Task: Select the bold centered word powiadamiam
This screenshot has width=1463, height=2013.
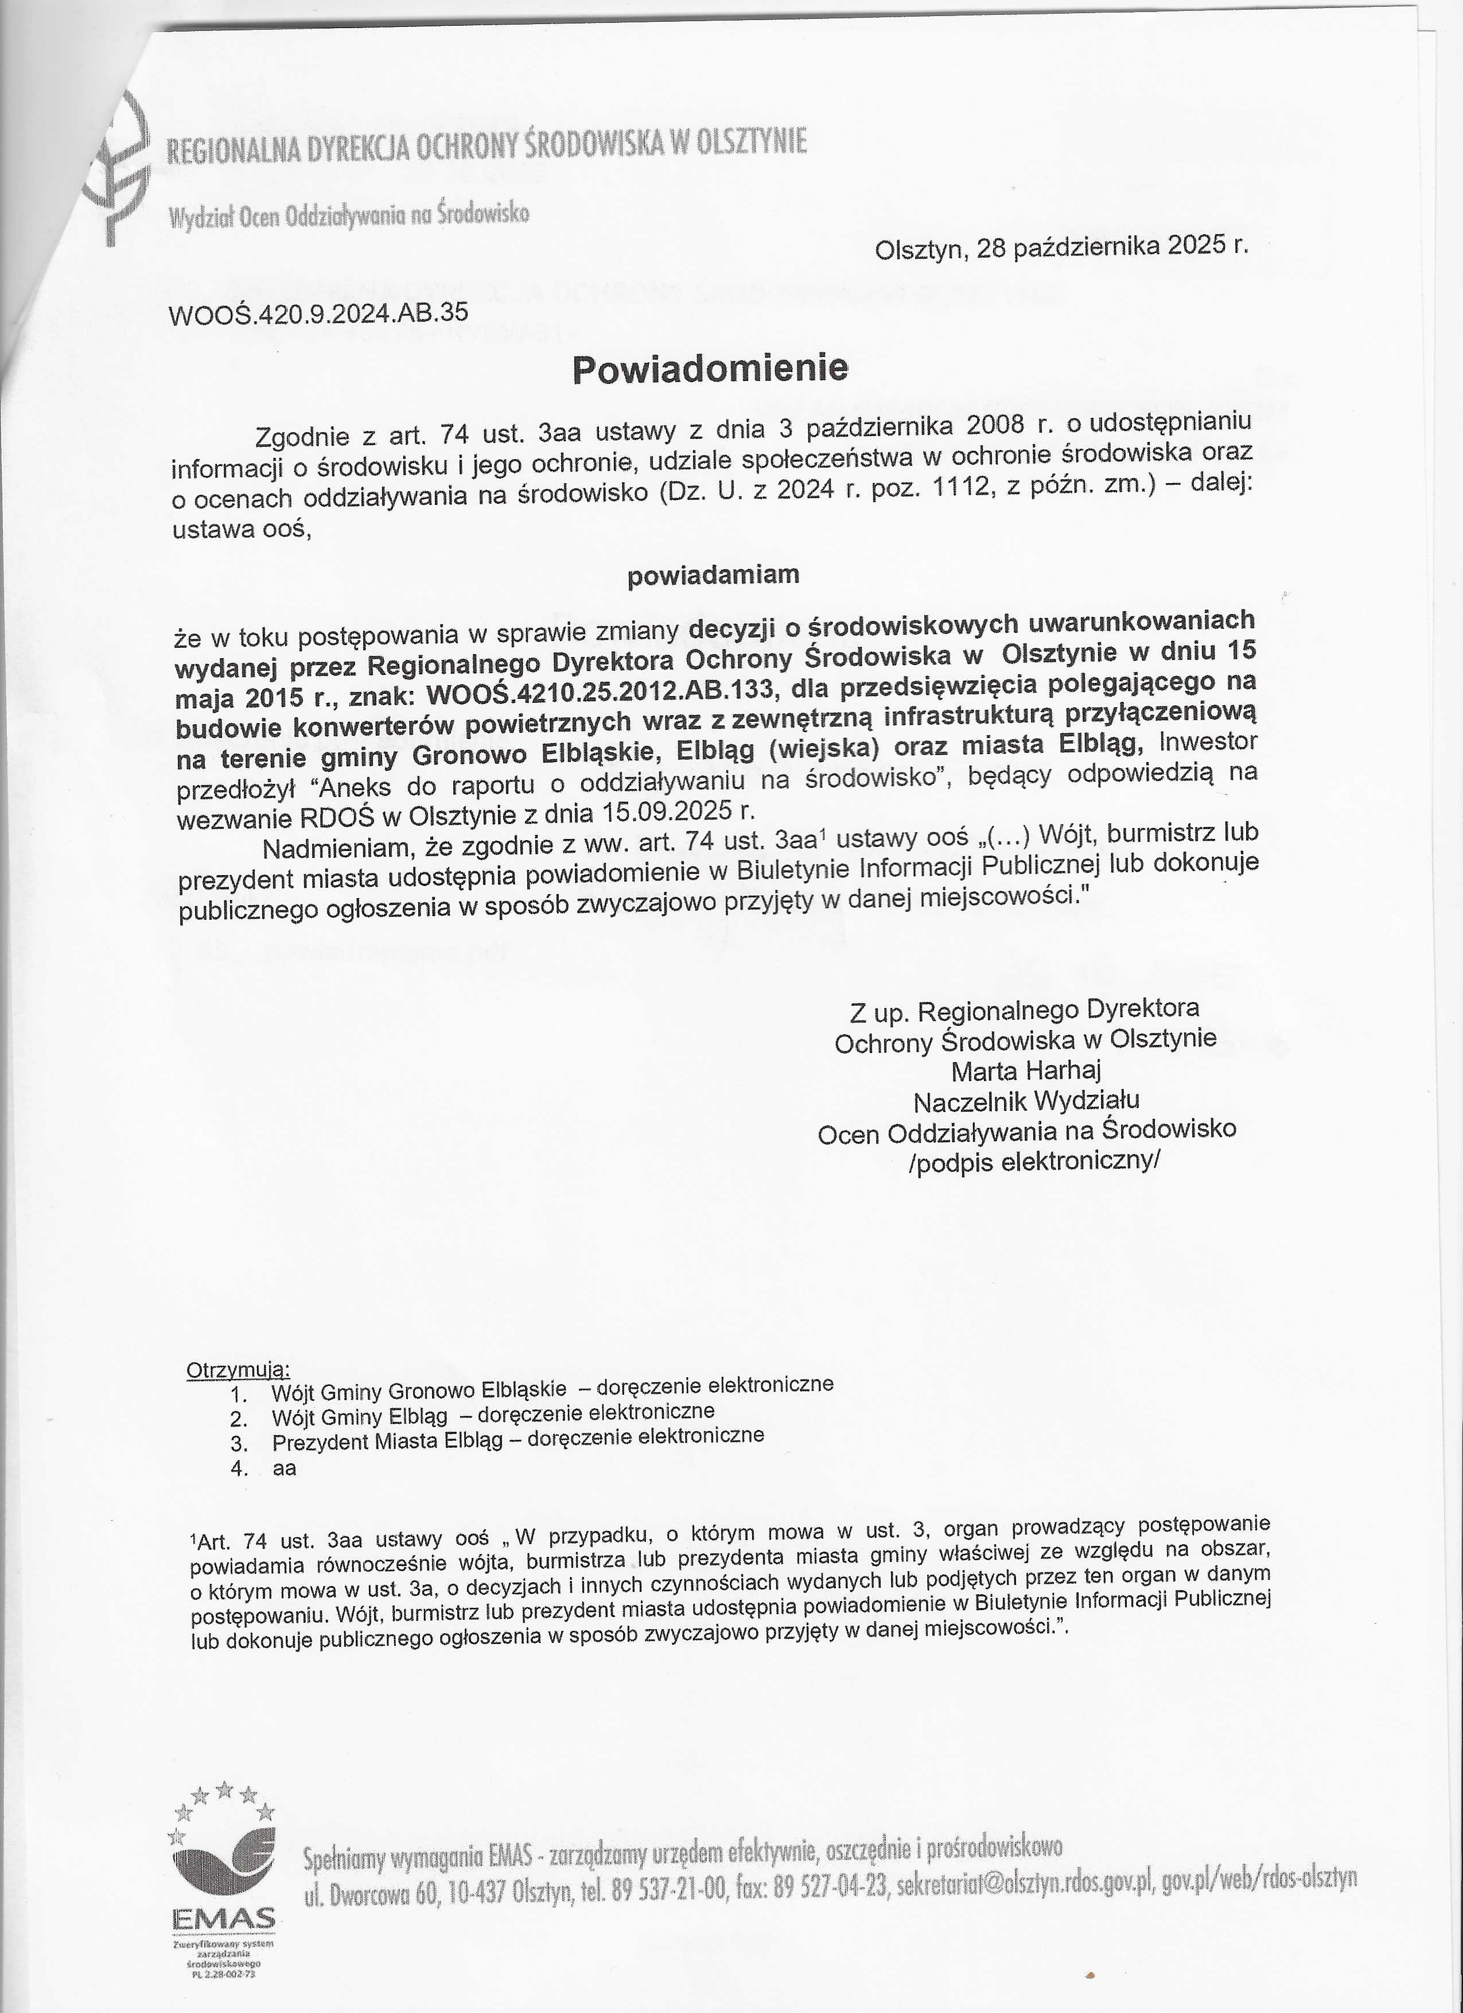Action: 713,575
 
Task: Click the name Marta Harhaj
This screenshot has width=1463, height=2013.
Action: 1026,1070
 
